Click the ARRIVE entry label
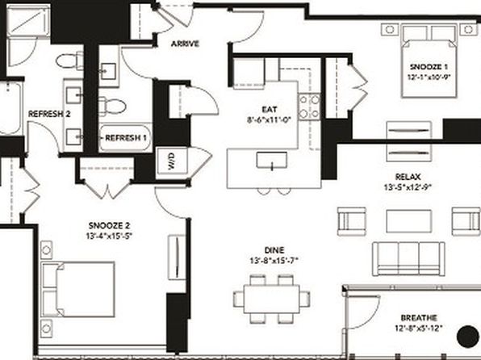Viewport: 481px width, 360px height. tap(185, 44)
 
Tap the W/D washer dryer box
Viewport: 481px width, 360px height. tap(171, 161)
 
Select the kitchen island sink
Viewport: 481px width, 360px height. tap(272, 161)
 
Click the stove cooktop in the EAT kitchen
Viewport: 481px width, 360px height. tap(310, 107)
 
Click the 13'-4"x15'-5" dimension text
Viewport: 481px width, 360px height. tap(109, 236)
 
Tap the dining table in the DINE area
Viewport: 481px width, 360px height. tap(272, 299)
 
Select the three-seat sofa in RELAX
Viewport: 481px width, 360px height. tap(408, 259)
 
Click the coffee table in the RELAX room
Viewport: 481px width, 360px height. tap(408, 221)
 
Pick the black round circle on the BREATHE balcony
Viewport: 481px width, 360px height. tap(467, 337)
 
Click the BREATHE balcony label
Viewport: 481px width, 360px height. tap(419, 318)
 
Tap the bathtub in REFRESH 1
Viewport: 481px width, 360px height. tap(125, 138)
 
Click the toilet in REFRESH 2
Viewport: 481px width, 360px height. tap(69, 61)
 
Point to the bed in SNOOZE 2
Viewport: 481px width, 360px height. tap(78, 289)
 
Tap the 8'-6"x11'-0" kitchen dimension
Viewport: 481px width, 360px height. tap(269, 120)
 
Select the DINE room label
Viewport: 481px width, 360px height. tap(274, 250)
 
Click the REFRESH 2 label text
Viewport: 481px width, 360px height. tap(49, 114)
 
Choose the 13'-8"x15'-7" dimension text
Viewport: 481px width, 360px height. tap(274, 261)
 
